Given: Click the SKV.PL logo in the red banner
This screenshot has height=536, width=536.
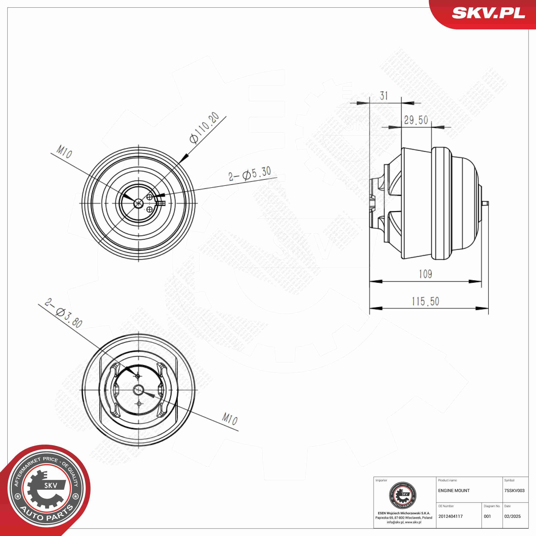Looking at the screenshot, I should tap(489, 13).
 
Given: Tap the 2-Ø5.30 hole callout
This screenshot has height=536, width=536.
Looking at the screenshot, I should tap(249, 174).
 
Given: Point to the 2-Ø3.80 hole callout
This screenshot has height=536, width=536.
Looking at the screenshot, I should tap(63, 313).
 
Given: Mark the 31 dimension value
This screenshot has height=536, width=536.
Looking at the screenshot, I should tap(384, 96).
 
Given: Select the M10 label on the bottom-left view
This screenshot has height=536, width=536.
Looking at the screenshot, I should tap(230, 419).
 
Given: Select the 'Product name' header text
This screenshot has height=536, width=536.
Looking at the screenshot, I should tap(447, 480).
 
